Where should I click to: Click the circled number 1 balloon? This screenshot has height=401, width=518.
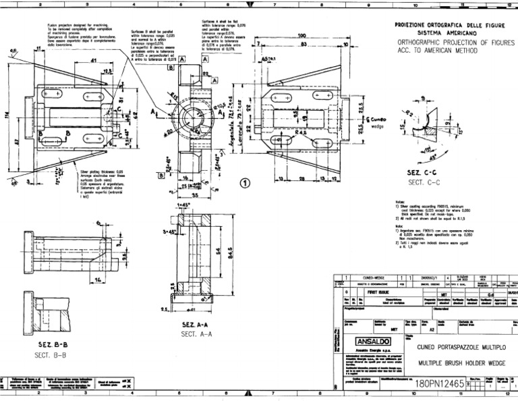pyautogui.click(x=246, y=182)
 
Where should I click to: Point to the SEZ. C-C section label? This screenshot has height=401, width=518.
pyautogui.click(x=423, y=173)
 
